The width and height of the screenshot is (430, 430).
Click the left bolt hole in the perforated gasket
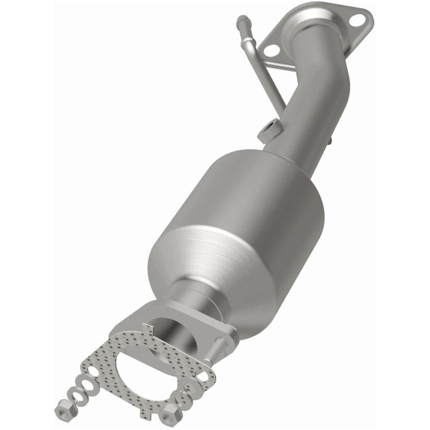pyautogui.click(x=94, y=371)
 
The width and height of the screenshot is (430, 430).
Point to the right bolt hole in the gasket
pyautogui.click(x=203, y=376)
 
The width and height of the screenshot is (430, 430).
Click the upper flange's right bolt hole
pyautogui.click(x=356, y=20)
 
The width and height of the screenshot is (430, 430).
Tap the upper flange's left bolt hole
pyautogui.click(x=272, y=50)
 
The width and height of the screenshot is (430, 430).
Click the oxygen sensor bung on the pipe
pyautogui.click(x=269, y=130)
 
